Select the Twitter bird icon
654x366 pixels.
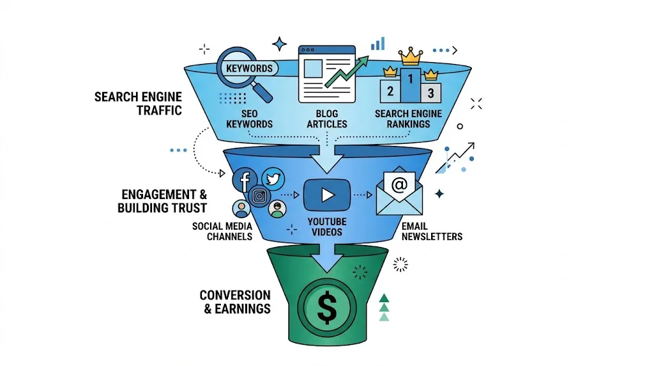tap(273, 180)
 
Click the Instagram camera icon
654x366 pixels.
tap(259, 196)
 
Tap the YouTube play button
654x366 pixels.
tap(327, 195)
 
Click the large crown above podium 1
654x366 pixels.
tap(411, 58)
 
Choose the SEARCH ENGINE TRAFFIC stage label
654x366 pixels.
tap(138, 104)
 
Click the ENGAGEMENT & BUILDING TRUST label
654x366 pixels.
tap(162, 201)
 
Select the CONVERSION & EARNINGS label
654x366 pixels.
tap(235, 302)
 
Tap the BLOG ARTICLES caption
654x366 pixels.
tap(327, 118)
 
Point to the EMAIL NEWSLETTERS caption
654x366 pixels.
tap(432, 231)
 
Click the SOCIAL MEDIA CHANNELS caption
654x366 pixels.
tap(222, 231)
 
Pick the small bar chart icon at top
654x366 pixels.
tap(378, 43)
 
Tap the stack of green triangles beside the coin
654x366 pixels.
tap(383, 307)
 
